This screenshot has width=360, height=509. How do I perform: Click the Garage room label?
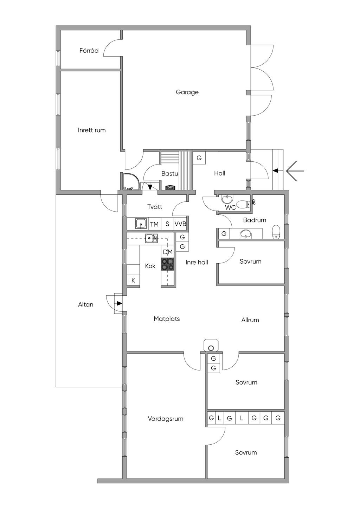[x=187, y=92]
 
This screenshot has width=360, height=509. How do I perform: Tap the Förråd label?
[x=89, y=51]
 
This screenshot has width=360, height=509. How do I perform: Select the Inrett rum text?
[x=92, y=130]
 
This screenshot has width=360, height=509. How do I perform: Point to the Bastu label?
[x=169, y=173]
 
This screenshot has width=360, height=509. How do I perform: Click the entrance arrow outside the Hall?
[x=295, y=171]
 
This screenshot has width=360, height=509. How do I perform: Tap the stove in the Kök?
[x=168, y=264]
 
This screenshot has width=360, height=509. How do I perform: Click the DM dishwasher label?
[x=168, y=252]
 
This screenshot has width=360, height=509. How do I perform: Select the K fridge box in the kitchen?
[x=133, y=280]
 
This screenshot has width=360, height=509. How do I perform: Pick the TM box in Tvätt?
[x=154, y=224]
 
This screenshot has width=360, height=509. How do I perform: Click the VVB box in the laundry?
[x=180, y=224]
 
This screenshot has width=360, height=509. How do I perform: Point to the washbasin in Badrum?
[x=245, y=233]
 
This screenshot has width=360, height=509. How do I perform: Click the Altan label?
[x=86, y=304]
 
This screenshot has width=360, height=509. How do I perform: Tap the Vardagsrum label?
[x=166, y=419]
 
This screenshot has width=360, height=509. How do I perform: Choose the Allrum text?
[x=250, y=320]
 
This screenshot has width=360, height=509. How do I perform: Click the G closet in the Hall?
[x=199, y=158]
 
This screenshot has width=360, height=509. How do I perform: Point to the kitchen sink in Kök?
[x=151, y=238]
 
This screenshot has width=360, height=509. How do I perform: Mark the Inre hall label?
[x=197, y=262]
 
